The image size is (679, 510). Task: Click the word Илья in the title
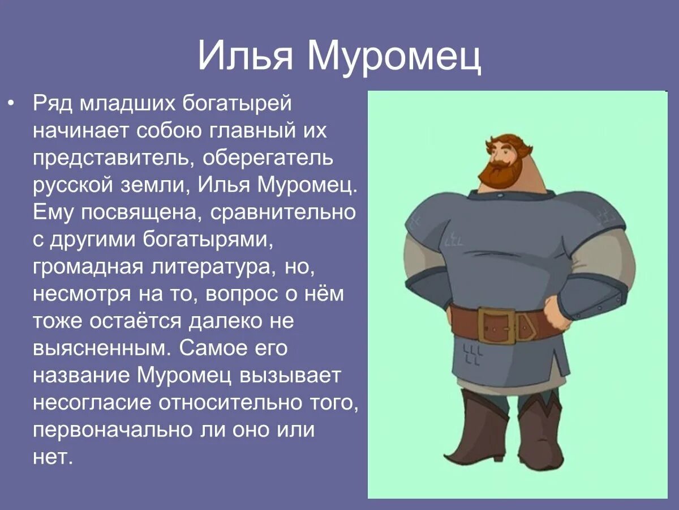point(244,55)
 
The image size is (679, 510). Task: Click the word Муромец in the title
point(394,55)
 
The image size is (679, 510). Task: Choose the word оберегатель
point(269,158)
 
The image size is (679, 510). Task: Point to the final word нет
point(53,457)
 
